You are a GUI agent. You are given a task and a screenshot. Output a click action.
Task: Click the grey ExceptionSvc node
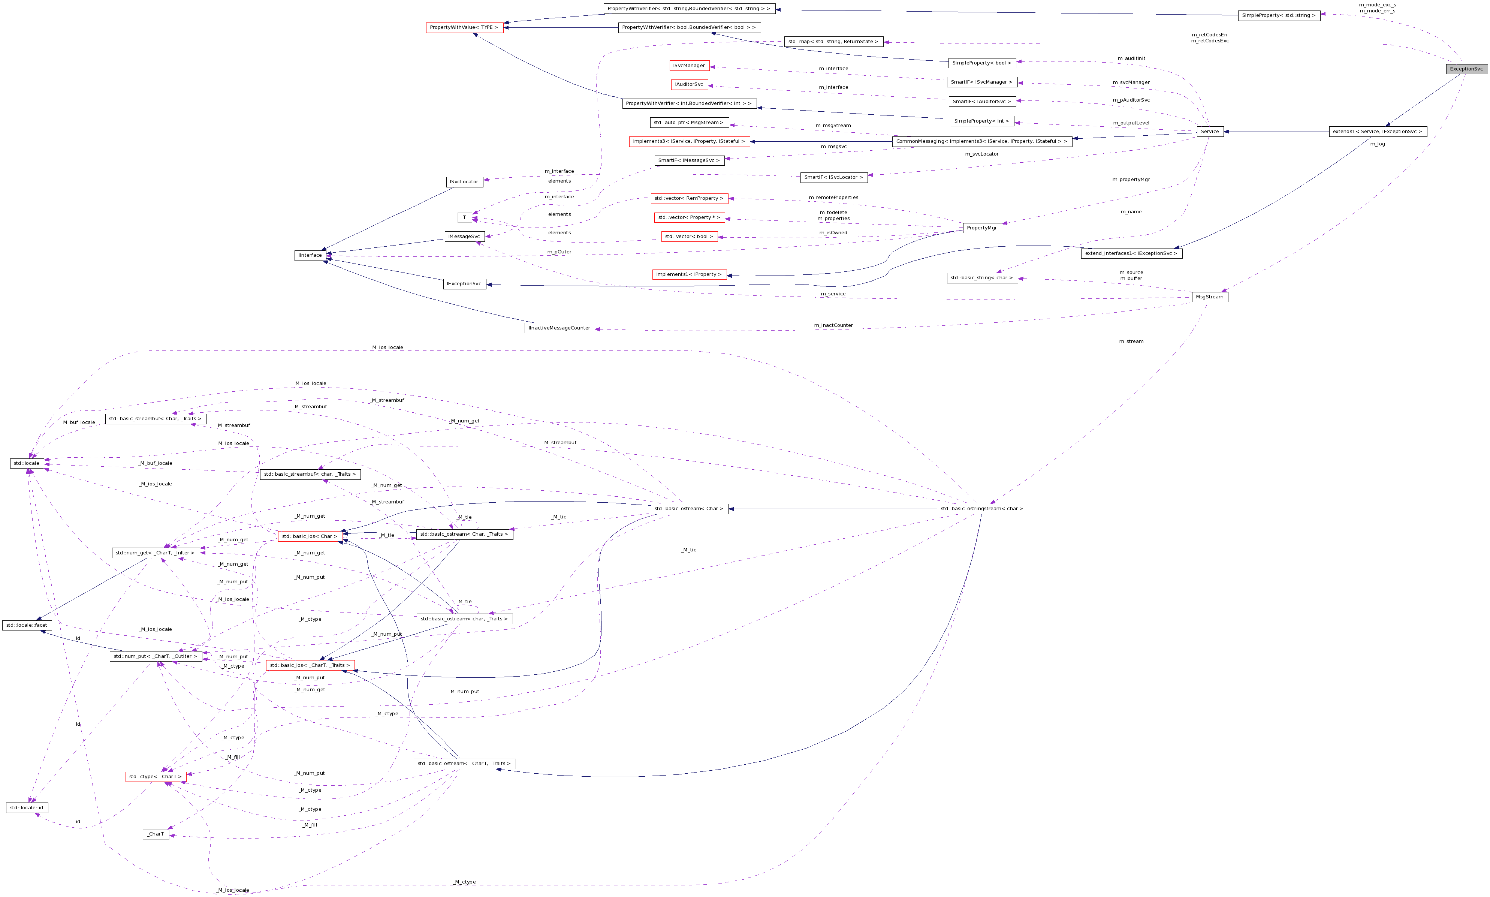(1466, 69)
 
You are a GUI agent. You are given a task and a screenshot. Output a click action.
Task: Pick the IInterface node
(310, 255)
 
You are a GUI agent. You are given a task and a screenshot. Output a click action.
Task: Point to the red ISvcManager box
(689, 65)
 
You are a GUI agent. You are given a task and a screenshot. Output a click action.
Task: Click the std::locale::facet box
(27, 625)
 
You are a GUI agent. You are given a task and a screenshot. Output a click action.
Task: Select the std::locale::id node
(27, 807)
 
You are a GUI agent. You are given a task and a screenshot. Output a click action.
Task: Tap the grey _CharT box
(156, 834)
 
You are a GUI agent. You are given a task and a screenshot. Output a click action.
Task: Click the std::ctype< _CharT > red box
(155, 777)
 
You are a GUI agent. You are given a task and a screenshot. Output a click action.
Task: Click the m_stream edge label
(1131, 341)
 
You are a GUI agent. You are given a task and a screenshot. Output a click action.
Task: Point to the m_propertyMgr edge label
(1131, 180)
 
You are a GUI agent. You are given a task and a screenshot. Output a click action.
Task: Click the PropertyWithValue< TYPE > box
(464, 28)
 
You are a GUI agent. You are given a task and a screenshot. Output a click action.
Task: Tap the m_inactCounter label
(833, 325)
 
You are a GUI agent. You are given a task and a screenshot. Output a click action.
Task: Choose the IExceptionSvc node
(464, 284)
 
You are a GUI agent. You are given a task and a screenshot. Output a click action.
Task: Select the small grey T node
(464, 218)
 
